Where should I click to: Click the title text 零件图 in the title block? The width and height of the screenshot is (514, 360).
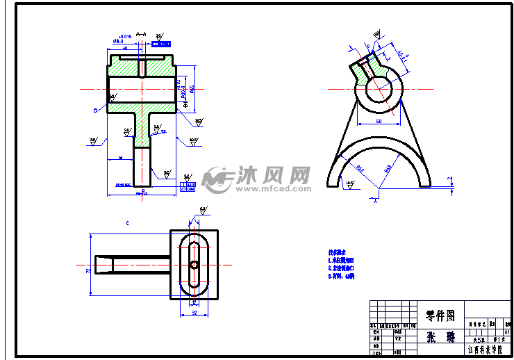439,316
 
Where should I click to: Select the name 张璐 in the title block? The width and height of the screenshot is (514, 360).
439,337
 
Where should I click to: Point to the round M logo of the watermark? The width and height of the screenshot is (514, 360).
218,179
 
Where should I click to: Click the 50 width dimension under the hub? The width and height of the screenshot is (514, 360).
379,121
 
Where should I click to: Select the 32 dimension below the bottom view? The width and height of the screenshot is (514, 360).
194,313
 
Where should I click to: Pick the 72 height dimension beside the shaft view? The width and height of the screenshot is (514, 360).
88,265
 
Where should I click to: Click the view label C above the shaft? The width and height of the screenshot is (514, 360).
128,223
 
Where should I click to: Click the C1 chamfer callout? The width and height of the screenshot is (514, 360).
95,110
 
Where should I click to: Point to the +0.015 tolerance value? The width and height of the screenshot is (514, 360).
125,36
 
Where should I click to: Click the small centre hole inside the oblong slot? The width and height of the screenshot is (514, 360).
194,264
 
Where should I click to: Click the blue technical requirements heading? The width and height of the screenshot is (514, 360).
337,252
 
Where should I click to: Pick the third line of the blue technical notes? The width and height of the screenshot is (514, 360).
342,276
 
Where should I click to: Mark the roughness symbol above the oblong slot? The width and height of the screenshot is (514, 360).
203,209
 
